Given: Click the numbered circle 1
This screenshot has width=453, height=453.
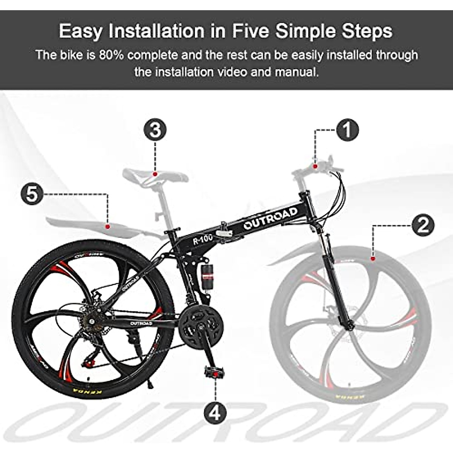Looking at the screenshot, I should pyautogui.click(x=347, y=130).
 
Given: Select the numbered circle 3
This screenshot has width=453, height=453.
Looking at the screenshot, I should pyautogui.click(x=155, y=129).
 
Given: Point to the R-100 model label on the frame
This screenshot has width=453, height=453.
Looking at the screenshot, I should pyautogui.click(x=203, y=240).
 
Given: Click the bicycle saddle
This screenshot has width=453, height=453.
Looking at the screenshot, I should pyautogui.click(x=155, y=175).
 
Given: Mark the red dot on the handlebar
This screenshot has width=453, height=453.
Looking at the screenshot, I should pyautogui.click(x=314, y=165).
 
